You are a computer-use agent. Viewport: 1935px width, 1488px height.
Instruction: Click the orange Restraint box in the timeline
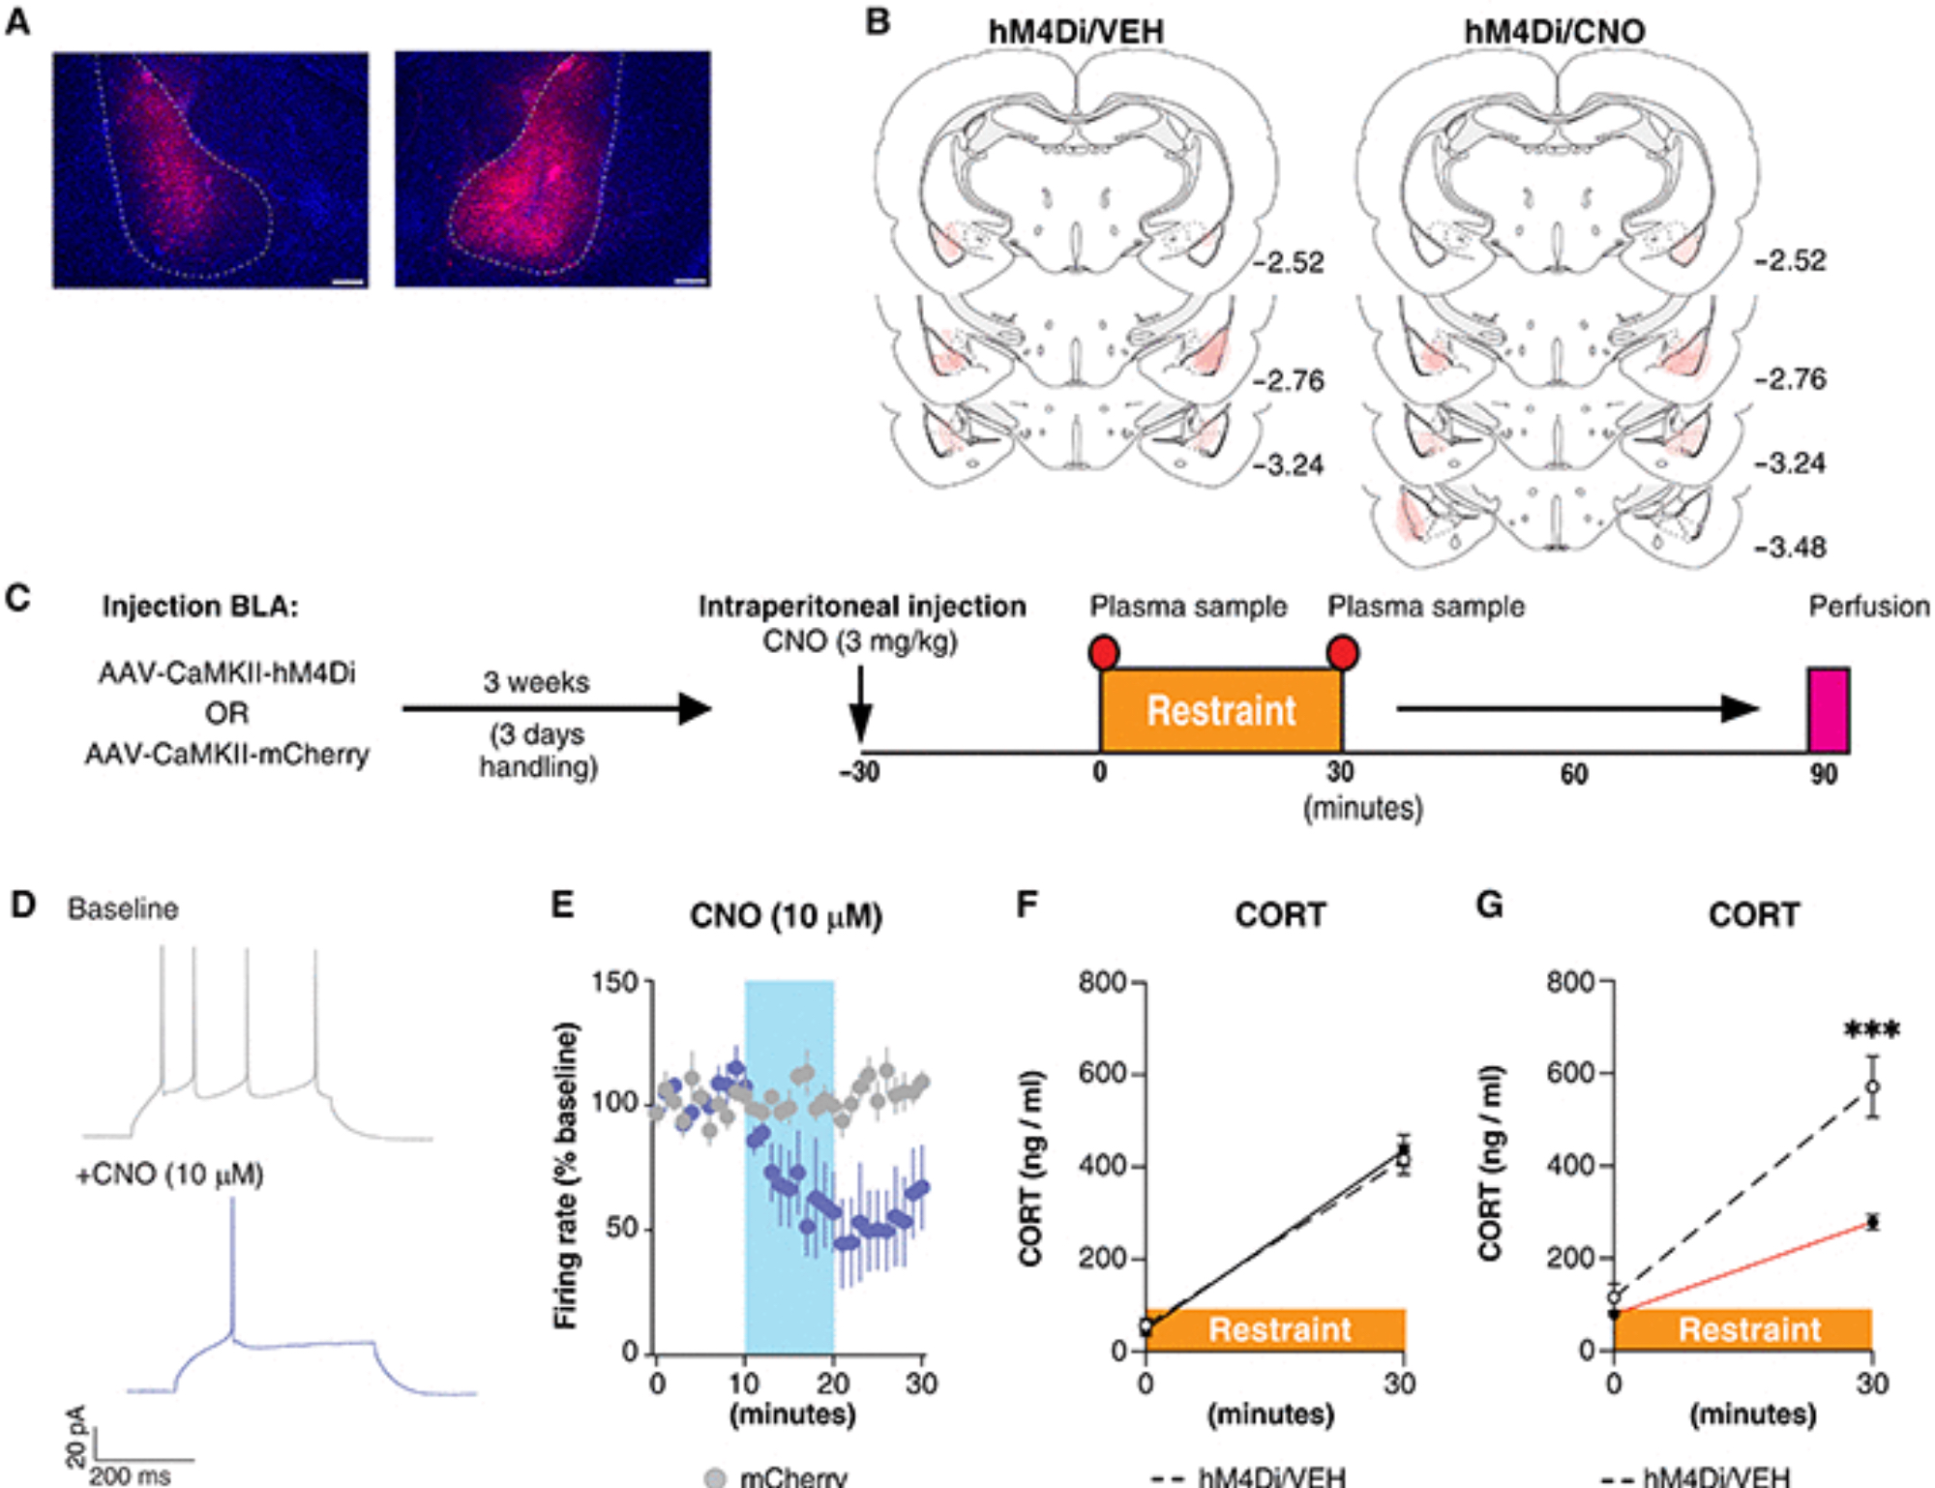pyautogui.click(x=1221, y=710)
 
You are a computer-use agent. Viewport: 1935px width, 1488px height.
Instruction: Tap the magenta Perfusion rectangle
pyautogui.click(x=1829, y=709)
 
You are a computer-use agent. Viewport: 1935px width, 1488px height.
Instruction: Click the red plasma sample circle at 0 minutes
pyautogui.click(x=1104, y=653)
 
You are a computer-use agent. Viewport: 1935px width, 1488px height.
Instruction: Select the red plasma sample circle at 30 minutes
pyautogui.click(x=1342, y=653)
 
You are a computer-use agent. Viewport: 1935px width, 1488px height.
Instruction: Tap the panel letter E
pyautogui.click(x=562, y=905)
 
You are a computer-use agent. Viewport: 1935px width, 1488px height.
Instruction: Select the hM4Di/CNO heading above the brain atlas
pyautogui.click(x=1554, y=32)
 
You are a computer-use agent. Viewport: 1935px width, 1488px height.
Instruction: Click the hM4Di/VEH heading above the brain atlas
pyautogui.click(x=1076, y=32)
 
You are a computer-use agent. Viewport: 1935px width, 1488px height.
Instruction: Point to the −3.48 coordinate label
pyautogui.click(x=1790, y=548)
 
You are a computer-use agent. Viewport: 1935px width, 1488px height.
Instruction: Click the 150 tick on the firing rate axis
pyautogui.click(x=614, y=982)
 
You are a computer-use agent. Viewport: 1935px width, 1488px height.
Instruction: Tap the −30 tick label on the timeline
pyautogui.click(x=859, y=773)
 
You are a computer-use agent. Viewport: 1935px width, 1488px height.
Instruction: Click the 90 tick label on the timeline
pyautogui.click(x=1824, y=774)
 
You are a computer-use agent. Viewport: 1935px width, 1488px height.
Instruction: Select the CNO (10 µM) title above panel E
pyautogui.click(x=786, y=915)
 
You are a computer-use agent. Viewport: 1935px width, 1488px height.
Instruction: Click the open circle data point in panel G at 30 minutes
pyautogui.click(x=1873, y=1087)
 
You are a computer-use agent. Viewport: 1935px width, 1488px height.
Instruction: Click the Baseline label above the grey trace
pyautogui.click(x=123, y=909)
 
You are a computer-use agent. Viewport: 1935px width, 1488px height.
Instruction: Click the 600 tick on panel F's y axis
pyautogui.click(x=1101, y=1074)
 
